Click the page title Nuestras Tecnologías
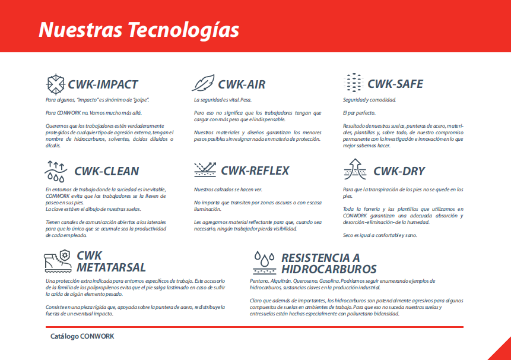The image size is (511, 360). pyautogui.click(x=139, y=30)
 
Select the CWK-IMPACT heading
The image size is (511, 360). pyautogui.click(x=103, y=84)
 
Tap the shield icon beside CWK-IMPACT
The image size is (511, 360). pyautogui.click(x=55, y=84)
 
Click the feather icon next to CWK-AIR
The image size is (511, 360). pyautogui.click(x=203, y=83)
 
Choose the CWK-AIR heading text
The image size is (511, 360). pyautogui.click(x=242, y=84)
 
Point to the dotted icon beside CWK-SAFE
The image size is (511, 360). pyautogui.click(x=354, y=83)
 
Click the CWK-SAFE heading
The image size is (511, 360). pyautogui.click(x=395, y=84)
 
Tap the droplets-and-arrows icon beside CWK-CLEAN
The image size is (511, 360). pyautogui.click(x=56, y=171)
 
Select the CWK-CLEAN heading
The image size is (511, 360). pyautogui.click(x=107, y=171)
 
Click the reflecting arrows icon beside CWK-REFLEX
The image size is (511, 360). pyautogui.click(x=205, y=169)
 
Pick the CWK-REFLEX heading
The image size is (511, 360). pyautogui.click(x=255, y=170)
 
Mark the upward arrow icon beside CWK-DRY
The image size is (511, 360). pyautogui.click(x=355, y=169)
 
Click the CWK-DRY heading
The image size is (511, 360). pyautogui.click(x=399, y=171)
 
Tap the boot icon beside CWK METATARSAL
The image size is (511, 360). pyautogui.click(x=58, y=261)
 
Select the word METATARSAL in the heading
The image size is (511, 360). pyautogui.click(x=111, y=268)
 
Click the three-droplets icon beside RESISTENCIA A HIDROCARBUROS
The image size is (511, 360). pyautogui.click(x=264, y=263)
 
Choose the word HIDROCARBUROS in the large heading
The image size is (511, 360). pyautogui.click(x=329, y=269)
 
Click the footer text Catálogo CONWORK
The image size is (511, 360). pyautogui.click(x=82, y=336)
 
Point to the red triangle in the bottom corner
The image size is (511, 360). pyautogui.click(x=503, y=352)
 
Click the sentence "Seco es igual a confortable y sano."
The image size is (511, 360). pyautogui.click(x=380, y=235)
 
